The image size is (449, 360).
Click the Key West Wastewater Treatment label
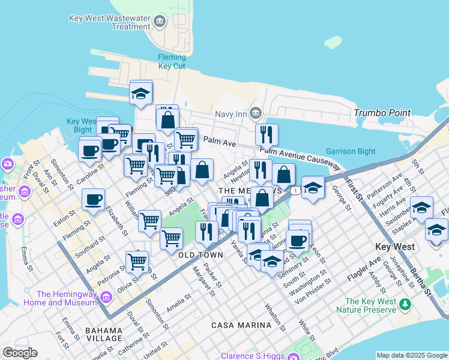(110, 22)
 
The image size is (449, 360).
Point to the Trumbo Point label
(382, 113)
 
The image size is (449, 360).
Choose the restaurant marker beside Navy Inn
(267, 134)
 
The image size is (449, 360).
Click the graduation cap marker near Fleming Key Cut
(140, 93)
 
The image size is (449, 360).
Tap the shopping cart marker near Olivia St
(137, 262)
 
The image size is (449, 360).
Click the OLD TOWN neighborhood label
(200, 255)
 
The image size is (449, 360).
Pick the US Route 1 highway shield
(296, 190)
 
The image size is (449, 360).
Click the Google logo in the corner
(20, 353)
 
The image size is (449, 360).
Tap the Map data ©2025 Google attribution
(412, 355)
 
